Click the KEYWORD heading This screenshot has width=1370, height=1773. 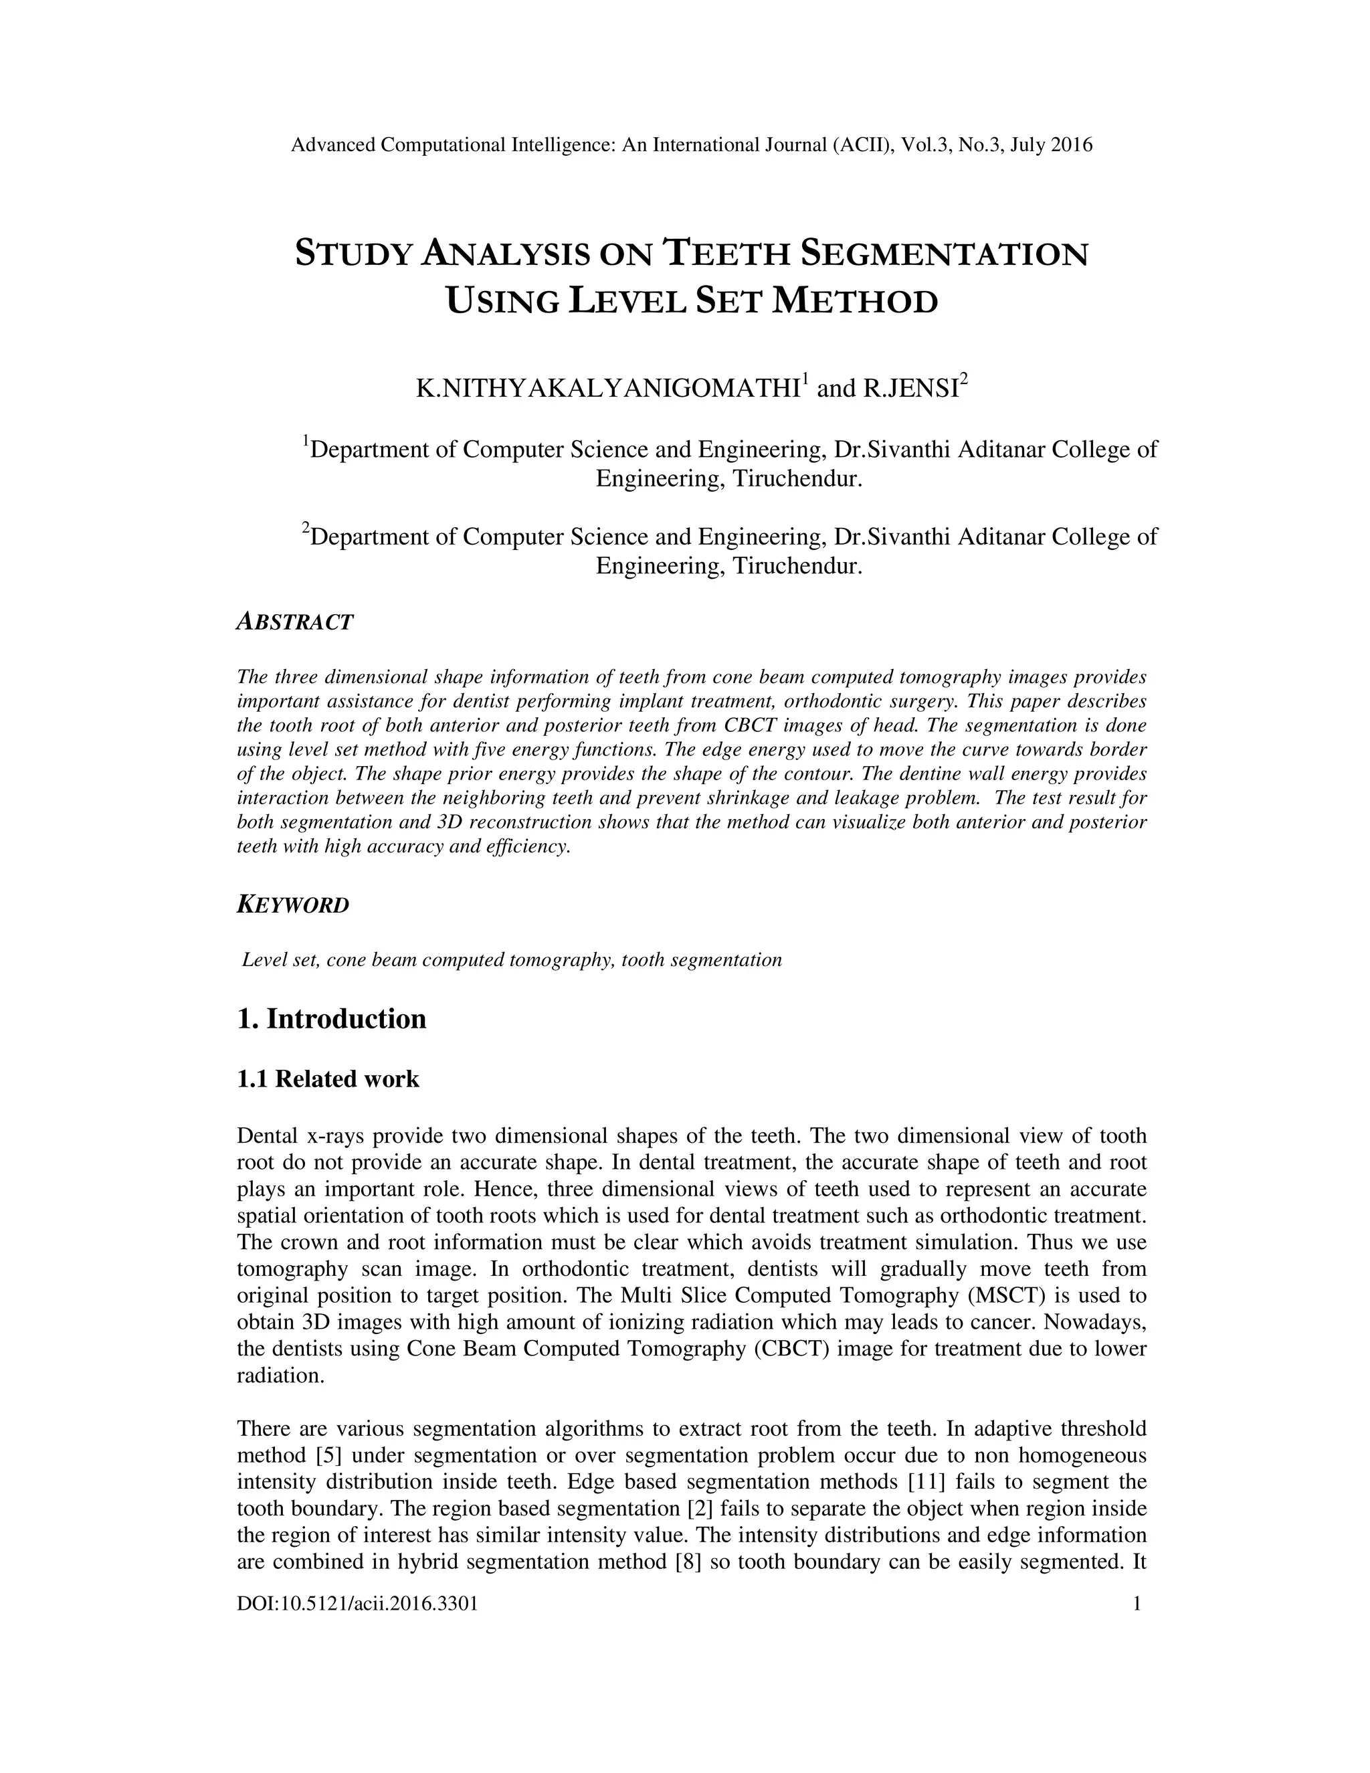(293, 905)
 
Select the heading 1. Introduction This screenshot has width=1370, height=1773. (331, 1019)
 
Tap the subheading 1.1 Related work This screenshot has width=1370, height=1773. (328, 1079)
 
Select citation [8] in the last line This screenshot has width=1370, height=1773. (688, 1562)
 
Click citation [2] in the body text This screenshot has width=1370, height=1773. (700, 1508)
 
